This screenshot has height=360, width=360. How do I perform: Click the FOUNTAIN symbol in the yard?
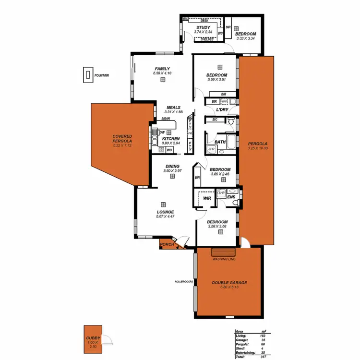coord(88,75)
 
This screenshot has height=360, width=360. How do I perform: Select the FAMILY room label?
coord(162,69)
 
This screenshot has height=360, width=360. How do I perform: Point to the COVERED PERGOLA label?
coord(122,139)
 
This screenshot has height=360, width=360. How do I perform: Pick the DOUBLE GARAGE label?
coord(229,283)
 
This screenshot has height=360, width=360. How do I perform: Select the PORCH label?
coord(167,244)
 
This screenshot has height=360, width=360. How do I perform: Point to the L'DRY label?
coord(222,110)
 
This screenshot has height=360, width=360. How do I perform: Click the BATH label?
coord(220,142)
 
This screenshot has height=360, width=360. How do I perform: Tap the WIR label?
coord(207,198)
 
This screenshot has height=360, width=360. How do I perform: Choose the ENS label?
coord(231,197)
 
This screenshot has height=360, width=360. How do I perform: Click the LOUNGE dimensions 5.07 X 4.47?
coord(165,216)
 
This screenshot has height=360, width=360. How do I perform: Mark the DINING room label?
coord(172,166)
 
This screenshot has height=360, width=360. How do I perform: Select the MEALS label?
coord(173,108)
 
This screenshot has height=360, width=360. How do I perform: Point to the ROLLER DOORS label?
coord(184,282)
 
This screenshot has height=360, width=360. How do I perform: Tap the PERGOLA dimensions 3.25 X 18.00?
coord(257,148)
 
